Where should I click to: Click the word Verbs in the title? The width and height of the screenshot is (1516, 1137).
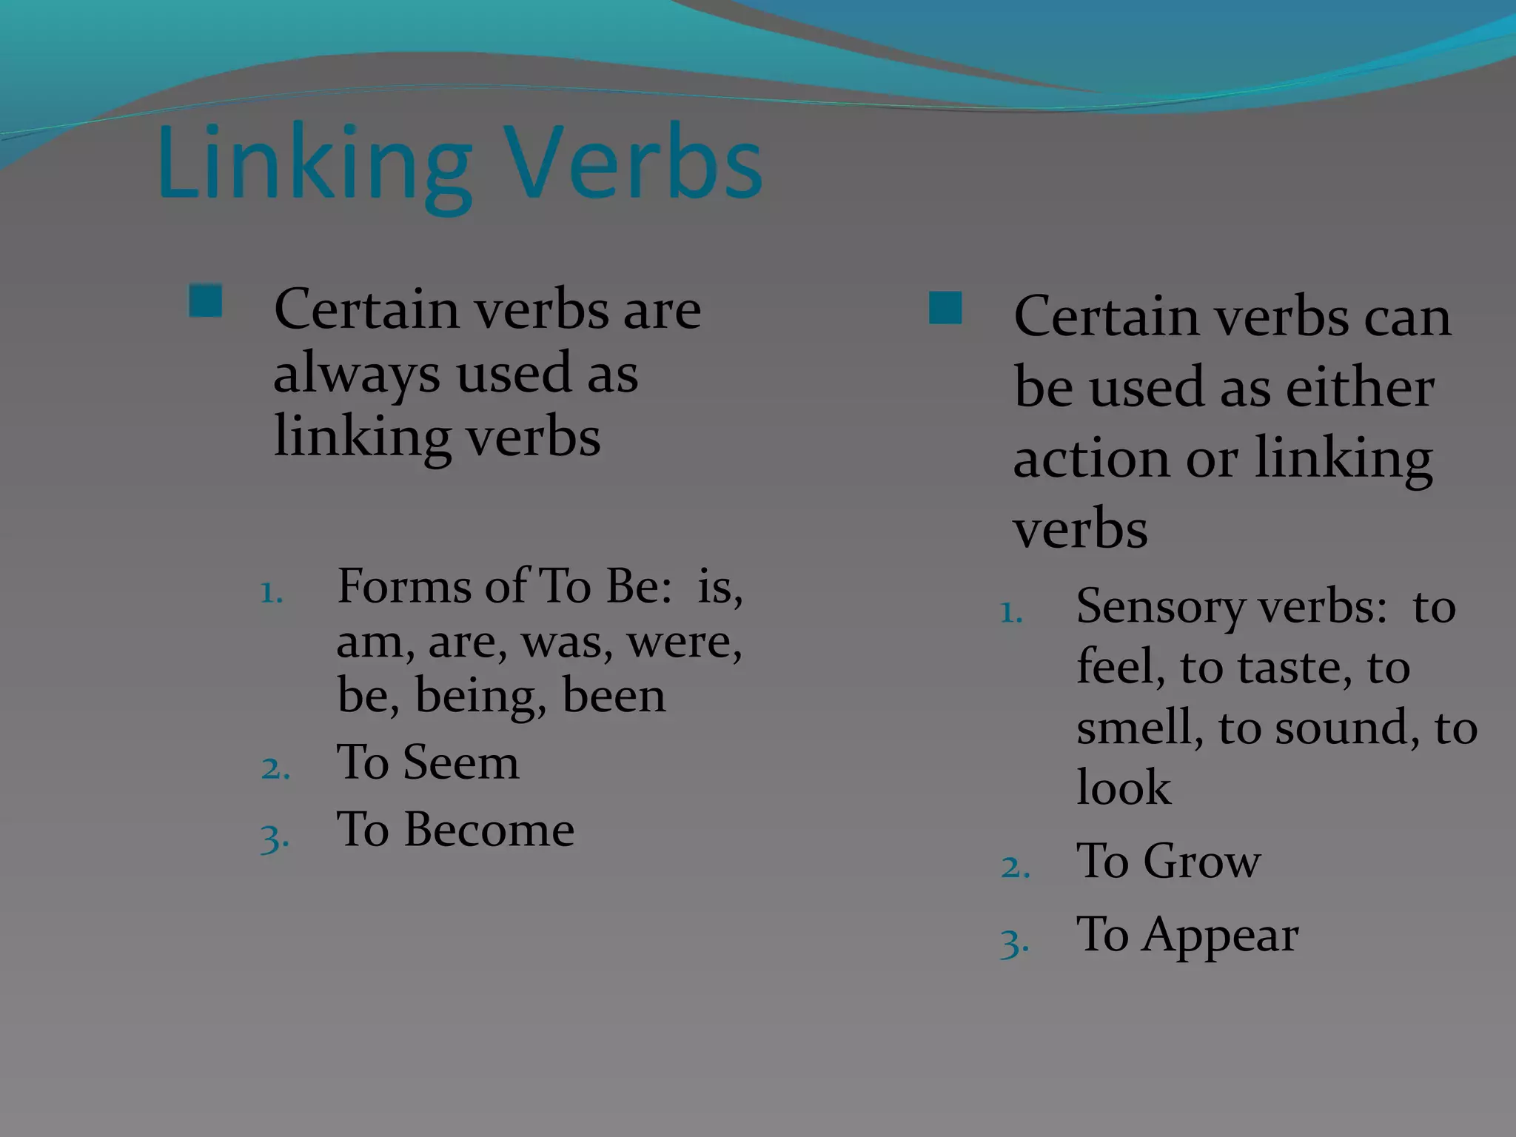click(635, 164)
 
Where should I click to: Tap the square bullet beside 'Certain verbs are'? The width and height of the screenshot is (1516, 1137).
click(205, 301)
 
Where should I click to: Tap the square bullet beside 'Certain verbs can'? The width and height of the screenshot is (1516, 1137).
click(945, 308)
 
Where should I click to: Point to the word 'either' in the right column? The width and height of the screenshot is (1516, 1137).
click(1360, 388)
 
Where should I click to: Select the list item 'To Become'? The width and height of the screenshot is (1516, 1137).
click(455, 829)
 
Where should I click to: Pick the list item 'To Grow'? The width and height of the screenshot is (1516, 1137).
click(1168, 861)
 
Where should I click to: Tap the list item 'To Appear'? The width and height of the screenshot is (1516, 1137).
click(1187, 935)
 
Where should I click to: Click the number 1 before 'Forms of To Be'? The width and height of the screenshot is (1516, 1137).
click(272, 593)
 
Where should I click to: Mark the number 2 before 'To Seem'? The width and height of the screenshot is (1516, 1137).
click(275, 768)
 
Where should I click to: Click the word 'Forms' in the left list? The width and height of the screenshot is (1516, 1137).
click(403, 586)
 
